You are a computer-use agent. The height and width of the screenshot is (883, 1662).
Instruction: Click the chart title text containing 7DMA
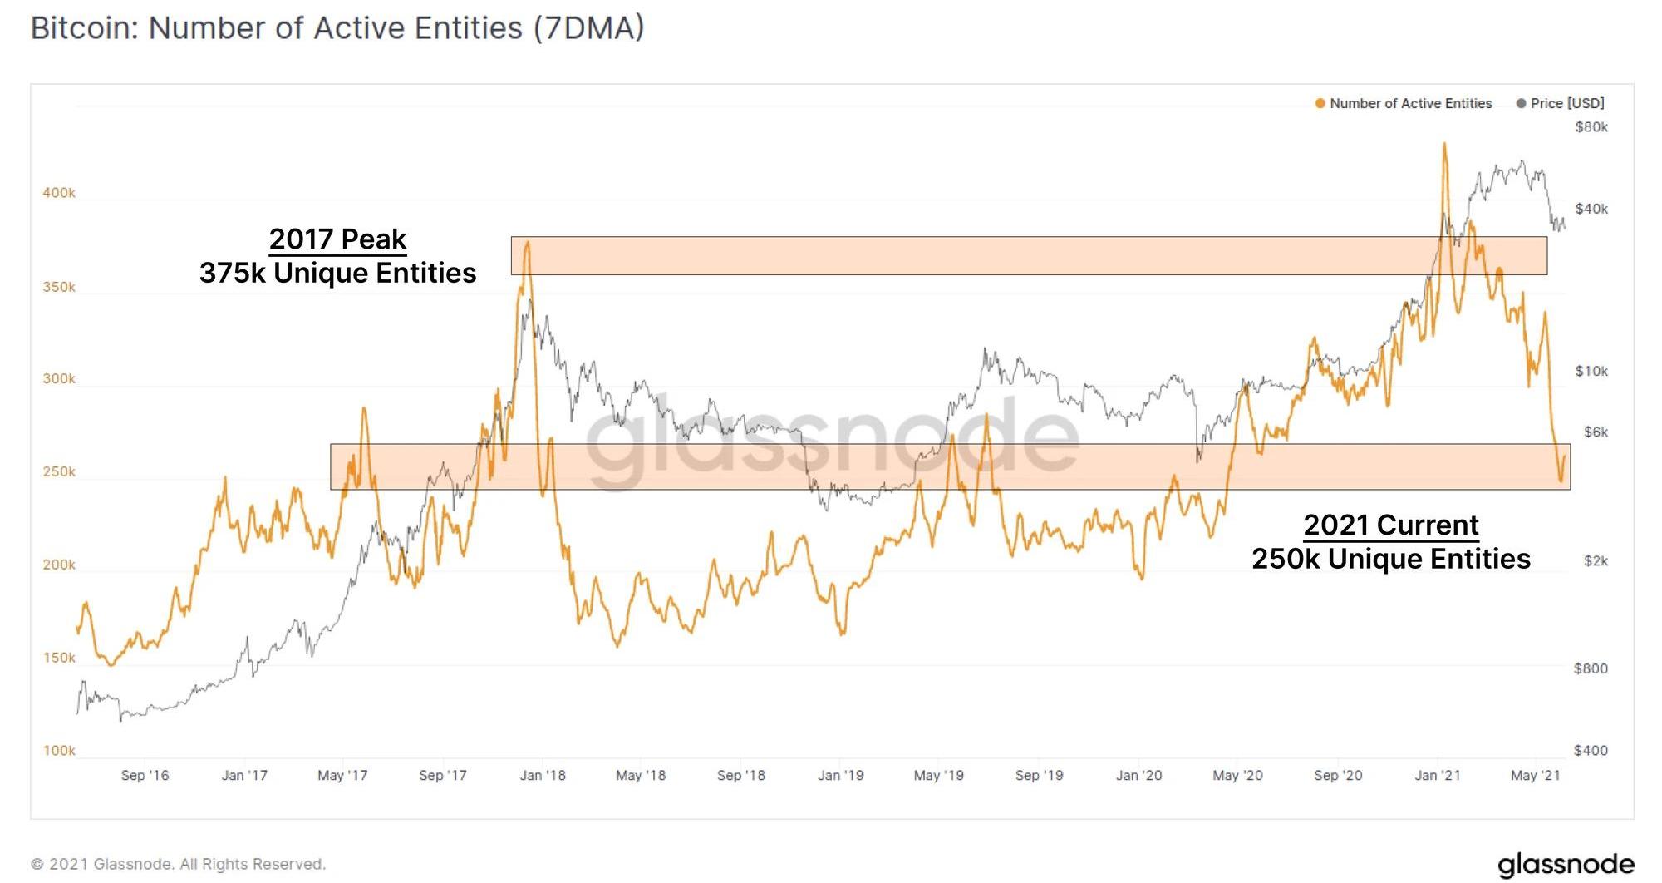click(337, 28)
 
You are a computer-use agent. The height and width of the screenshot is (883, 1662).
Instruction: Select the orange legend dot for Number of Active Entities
click(1320, 104)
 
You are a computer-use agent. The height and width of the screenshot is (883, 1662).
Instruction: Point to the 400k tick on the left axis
click(59, 193)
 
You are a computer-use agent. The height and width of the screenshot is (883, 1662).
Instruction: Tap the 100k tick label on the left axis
click(59, 751)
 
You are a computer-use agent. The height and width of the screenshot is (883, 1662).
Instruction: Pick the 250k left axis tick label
click(59, 472)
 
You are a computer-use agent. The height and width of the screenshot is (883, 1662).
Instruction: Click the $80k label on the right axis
click(1591, 127)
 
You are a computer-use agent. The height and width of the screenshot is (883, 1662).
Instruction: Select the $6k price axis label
click(1596, 432)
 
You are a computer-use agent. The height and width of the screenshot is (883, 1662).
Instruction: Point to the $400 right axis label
click(1591, 751)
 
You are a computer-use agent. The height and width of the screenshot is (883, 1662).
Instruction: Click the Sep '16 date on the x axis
click(145, 776)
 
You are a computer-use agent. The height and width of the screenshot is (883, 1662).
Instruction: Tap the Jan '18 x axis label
click(543, 776)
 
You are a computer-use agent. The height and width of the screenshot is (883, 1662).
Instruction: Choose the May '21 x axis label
click(1535, 776)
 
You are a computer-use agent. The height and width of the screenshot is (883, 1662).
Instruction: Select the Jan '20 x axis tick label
click(1138, 776)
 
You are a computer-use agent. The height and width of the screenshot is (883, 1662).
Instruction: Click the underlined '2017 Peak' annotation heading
click(337, 239)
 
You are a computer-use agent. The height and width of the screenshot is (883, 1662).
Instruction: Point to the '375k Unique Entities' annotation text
click(337, 273)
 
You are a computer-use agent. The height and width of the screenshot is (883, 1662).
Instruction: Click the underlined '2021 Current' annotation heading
click(1390, 525)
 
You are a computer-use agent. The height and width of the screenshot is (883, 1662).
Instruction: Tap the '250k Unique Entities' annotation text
click(1390, 559)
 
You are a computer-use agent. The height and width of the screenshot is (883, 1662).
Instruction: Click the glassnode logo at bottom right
click(1566, 865)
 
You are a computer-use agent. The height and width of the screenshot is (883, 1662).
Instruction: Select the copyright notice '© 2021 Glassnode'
click(178, 865)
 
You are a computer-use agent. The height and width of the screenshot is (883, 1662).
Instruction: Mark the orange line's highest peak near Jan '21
click(1444, 144)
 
